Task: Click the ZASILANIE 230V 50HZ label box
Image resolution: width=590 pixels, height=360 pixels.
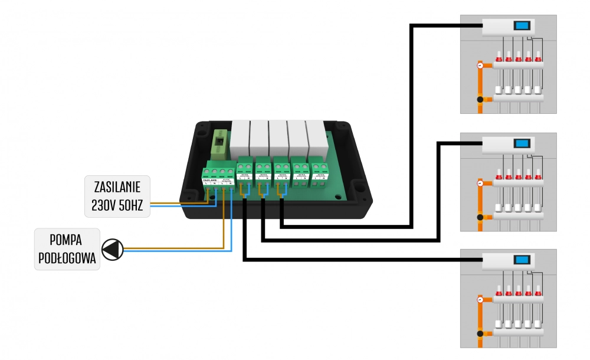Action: [117, 197]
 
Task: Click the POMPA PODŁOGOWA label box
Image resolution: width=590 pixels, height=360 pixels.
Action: [66, 248]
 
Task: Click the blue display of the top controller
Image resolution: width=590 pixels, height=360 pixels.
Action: [521, 26]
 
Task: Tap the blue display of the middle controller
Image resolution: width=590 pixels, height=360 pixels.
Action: [521, 143]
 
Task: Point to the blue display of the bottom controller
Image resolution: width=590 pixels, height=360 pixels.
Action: [521, 260]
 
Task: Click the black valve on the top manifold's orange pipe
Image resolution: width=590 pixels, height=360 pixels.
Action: [480, 100]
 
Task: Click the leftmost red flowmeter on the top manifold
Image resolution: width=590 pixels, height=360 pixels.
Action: [499, 57]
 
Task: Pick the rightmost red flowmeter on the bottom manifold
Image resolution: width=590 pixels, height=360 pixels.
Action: [537, 291]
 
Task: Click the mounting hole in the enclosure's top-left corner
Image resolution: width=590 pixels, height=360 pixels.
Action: [201, 126]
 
